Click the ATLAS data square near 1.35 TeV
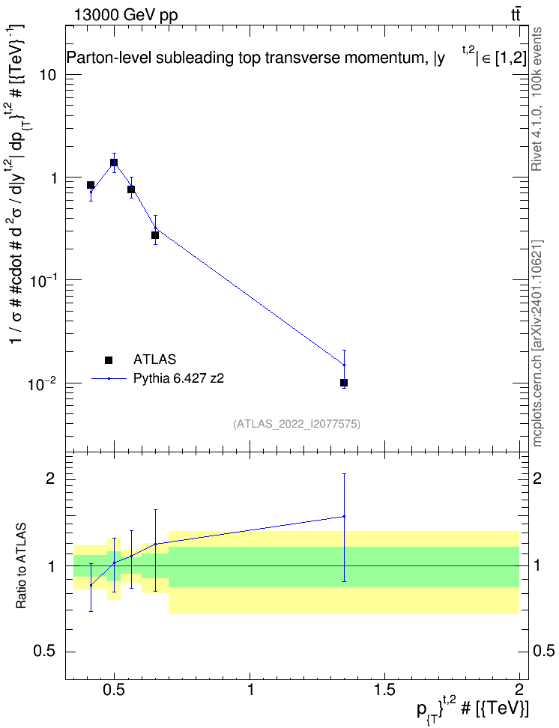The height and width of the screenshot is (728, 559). [344, 383]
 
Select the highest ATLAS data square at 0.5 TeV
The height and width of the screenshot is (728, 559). [114, 163]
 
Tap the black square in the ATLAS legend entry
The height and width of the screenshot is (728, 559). [109, 360]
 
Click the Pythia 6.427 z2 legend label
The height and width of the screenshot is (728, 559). [178, 378]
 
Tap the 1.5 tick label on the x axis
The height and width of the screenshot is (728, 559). [384, 690]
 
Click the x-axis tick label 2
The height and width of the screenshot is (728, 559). [519, 690]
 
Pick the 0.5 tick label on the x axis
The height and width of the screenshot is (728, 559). [115, 690]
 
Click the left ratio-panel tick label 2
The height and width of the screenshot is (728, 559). [51, 479]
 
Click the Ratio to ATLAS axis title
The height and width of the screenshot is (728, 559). [21, 565]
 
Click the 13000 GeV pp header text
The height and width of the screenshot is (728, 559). [125, 15]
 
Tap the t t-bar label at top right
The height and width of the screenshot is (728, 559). [516, 14]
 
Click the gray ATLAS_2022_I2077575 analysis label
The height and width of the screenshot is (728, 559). [297, 423]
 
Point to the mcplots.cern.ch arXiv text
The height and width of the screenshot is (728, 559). [537, 344]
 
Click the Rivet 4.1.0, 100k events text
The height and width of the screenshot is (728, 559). [537, 99]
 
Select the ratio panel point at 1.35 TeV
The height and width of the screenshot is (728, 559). [344, 516]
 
